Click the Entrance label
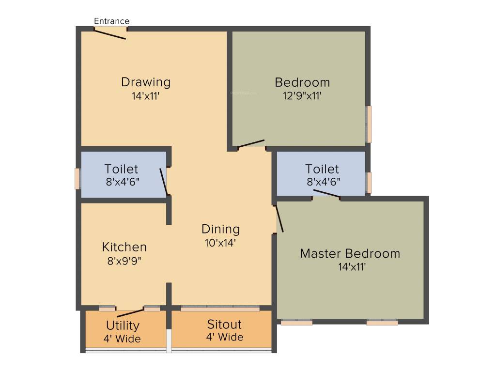click(x=111, y=21)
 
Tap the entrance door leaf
click(x=110, y=34)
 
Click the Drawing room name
click(x=146, y=82)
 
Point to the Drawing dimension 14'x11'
click(x=146, y=96)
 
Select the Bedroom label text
click(x=302, y=82)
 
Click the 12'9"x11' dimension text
click(x=302, y=96)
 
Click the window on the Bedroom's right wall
click(x=369, y=124)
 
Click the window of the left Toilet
click(x=77, y=178)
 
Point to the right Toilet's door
click(x=326, y=194)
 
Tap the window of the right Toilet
click(x=369, y=183)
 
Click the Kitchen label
click(x=124, y=247)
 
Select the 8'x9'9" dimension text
click(x=124, y=261)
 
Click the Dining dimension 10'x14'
click(x=220, y=243)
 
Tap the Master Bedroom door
click(x=279, y=219)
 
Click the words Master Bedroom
click(x=350, y=253)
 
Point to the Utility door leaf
click(x=131, y=312)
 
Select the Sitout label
click(x=224, y=324)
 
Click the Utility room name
click(x=123, y=325)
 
